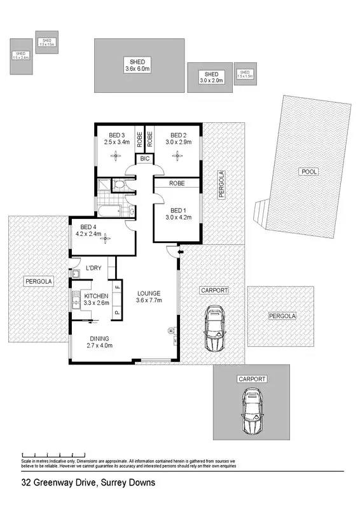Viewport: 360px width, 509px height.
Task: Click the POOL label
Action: click(x=310, y=172)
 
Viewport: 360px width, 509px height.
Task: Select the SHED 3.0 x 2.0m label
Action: click(x=210, y=77)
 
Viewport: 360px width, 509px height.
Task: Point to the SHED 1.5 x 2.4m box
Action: click(x=20, y=56)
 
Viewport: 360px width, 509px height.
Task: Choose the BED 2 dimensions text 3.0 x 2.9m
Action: click(x=178, y=142)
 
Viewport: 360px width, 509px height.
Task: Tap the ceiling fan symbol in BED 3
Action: click(x=116, y=153)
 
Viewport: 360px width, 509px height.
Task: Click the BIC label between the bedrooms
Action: click(x=144, y=159)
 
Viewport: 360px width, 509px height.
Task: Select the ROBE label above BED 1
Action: click(x=177, y=183)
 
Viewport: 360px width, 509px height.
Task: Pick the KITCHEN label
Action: click(x=96, y=296)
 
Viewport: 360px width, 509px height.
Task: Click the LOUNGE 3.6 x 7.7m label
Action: click(x=149, y=296)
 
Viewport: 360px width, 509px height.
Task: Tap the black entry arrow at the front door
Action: click(x=181, y=253)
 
